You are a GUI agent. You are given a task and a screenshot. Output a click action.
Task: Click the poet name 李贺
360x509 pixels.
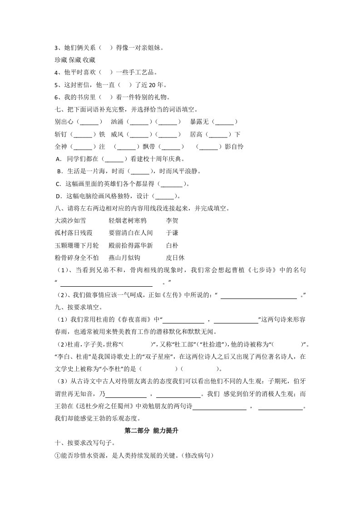(172, 220)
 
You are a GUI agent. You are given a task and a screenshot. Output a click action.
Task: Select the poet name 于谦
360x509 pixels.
(172, 233)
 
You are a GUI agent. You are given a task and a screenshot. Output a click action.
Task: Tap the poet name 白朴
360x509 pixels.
(172, 245)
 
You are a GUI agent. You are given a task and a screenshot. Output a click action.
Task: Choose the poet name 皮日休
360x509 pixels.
(175, 258)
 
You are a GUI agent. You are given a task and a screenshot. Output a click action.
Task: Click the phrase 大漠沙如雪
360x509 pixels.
(70, 220)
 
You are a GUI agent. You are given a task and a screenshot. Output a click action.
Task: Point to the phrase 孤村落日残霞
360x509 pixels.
(73, 233)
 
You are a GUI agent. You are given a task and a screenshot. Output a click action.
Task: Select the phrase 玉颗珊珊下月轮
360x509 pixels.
(76, 245)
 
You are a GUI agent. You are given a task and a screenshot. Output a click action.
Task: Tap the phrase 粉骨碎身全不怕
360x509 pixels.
(76, 258)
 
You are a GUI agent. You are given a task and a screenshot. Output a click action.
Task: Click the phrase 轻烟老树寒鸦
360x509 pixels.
(128, 220)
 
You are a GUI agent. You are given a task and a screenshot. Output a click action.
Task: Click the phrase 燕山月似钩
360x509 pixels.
(124, 258)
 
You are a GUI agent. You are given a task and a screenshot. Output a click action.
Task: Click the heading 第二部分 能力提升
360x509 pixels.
(151, 431)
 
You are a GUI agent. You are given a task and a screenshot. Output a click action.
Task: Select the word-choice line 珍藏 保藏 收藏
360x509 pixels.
(75, 60)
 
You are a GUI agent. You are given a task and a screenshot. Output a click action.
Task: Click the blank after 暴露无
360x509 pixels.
(225, 122)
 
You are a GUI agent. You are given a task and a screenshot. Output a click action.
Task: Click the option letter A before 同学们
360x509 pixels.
(58, 159)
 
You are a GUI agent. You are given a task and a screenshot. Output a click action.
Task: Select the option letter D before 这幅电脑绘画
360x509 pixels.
(58, 196)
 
